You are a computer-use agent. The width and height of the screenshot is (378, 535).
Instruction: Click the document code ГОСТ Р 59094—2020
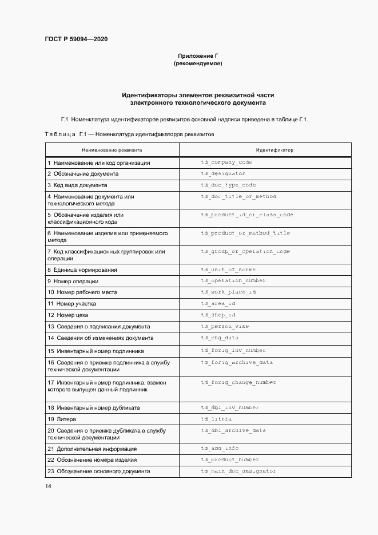[x=76, y=39]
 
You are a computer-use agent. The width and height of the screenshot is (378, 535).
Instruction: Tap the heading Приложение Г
[x=198, y=56]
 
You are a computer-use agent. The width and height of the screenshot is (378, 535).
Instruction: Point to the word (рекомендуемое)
[x=198, y=64]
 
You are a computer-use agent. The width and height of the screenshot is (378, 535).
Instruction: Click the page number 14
[x=48, y=486]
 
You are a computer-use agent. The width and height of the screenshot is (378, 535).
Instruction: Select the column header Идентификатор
[x=274, y=150]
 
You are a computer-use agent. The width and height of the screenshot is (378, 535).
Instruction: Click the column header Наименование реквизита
[x=112, y=150]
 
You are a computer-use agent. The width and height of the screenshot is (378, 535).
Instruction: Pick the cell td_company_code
[x=226, y=163]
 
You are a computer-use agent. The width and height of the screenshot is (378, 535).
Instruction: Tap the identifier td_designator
[x=223, y=173]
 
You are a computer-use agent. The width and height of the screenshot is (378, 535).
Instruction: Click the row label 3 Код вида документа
[x=77, y=185]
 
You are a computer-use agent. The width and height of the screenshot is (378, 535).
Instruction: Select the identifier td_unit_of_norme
[x=228, y=270]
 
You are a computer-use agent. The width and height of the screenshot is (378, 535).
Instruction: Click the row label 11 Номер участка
[x=72, y=304]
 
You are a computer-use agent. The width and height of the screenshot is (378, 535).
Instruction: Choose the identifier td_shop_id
[x=218, y=315]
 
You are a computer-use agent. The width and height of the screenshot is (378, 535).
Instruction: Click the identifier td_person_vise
[x=225, y=327]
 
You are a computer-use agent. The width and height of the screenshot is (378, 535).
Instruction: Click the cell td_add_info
[x=220, y=449]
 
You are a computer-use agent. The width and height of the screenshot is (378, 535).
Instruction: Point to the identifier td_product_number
[x=230, y=459]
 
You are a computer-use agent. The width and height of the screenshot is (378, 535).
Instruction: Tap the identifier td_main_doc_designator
[x=238, y=471]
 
